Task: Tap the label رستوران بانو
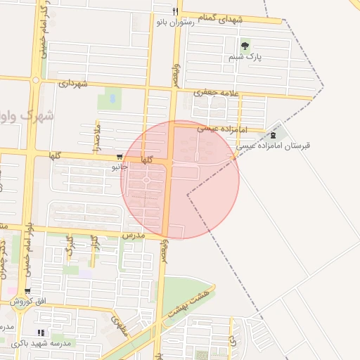pyautogui.click(x=175, y=22)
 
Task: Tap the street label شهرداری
pyautogui.click(x=74, y=84)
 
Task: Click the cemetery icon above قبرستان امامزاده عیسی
pyautogui.click(x=273, y=135)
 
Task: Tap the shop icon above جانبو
pyautogui.click(x=120, y=157)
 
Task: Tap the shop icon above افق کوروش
pyautogui.click(x=27, y=291)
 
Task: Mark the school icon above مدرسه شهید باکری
pyautogui.click(x=41, y=333)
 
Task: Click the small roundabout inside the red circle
pyautogui.click(x=146, y=181)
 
